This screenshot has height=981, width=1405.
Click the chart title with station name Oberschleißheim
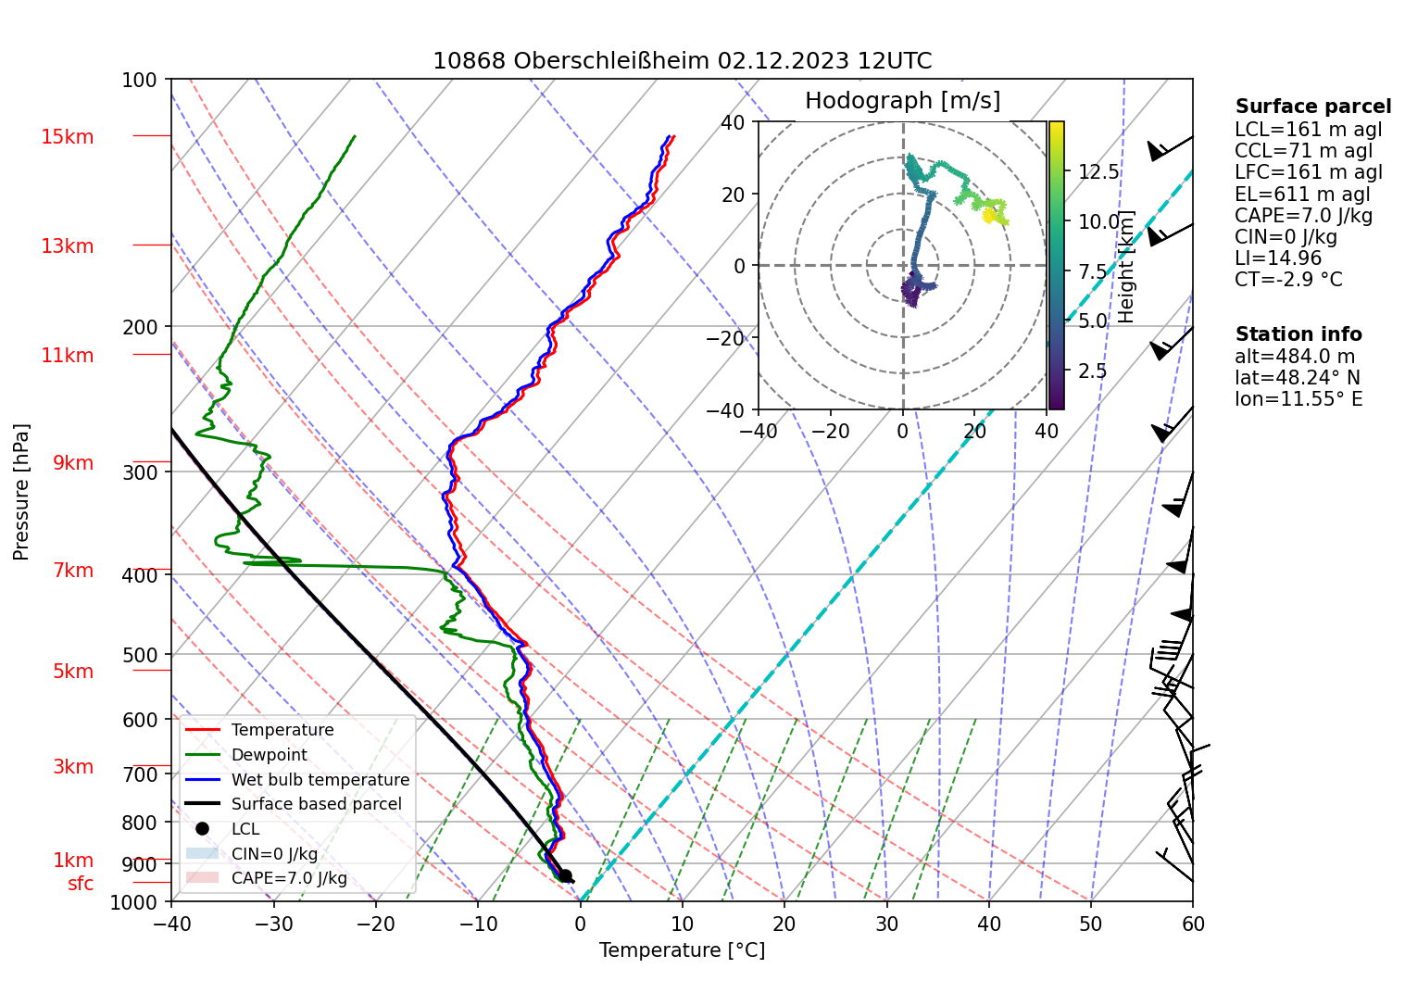pos(682,61)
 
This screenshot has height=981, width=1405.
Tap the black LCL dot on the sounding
pos(565,875)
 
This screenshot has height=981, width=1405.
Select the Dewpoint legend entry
pos(269,755)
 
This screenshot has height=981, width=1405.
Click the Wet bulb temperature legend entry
pos(320,780)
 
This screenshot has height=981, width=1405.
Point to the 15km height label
pos(67,137)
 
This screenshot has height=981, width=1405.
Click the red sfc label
pos(81,884)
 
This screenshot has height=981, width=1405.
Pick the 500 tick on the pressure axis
pos(140,655)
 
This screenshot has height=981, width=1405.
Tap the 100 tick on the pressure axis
pos(140,81)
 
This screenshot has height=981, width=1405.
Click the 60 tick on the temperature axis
pos(1193,924)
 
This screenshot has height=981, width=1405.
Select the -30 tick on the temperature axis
pos(273,924)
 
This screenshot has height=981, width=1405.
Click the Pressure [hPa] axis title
pos(21,492)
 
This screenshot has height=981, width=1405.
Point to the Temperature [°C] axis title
pos(682,950)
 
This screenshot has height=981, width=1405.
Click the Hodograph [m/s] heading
pos(902,101)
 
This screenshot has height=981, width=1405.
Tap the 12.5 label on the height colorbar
pos(1098,172)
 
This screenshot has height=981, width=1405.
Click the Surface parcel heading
pos(1312,107)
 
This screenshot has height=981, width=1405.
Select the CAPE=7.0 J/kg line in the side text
pos(1303,216)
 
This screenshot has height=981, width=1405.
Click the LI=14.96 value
pos(1278,258)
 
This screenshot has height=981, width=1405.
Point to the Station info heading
pos(1298,334)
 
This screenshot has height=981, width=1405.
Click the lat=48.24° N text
pos(1298,378)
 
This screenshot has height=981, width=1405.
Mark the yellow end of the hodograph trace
pos(988,216)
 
